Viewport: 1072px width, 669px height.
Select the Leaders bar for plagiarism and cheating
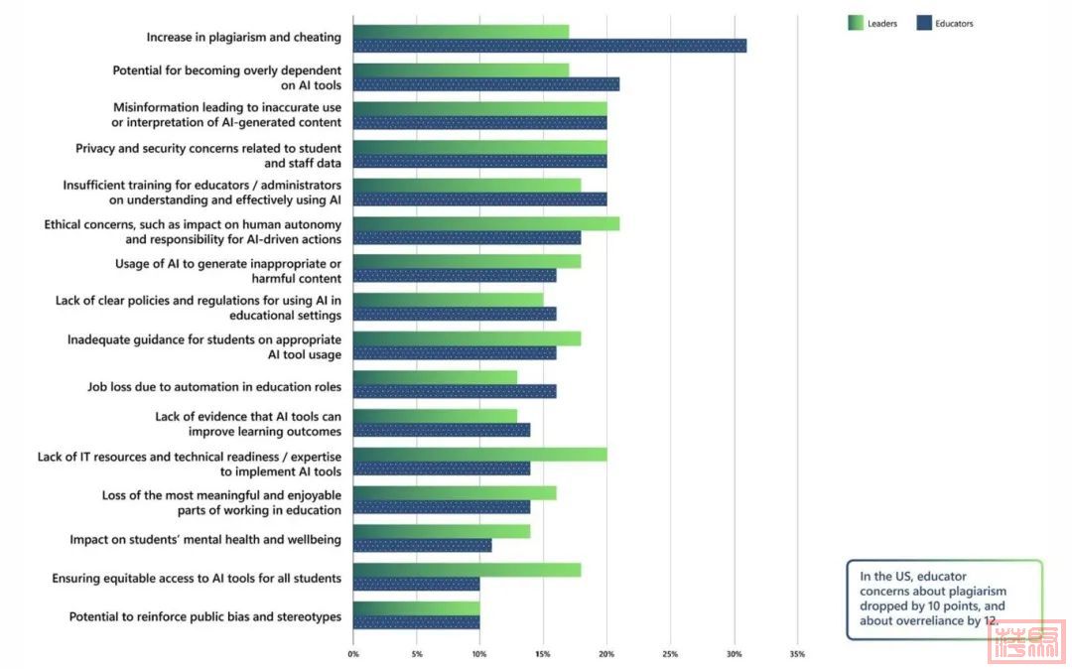click(x=461, y=31)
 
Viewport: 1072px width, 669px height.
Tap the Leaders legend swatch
click(x=855, y=23)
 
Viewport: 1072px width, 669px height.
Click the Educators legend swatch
click(x=922, y=23)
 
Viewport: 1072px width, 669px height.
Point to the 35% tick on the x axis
click(x=797, y=654)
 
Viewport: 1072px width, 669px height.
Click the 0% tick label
click(x=353, y=654)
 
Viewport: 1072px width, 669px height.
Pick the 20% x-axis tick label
click(x=607, y=654)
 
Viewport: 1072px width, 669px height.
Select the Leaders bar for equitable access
click(x=467, y=570)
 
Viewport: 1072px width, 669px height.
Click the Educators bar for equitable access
click(x=416, y=584)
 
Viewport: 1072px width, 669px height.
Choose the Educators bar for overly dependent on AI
click(x=485, y=84)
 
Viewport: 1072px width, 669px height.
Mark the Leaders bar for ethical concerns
click(x=485, y=223)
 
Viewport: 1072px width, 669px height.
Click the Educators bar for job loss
click(x=454, y=391)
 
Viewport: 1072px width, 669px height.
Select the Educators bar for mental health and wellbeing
click(x=422, y=545)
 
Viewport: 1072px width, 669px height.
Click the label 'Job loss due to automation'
click(x=214, y=386)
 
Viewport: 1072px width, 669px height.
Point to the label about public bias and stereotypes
click(x=204, y=616)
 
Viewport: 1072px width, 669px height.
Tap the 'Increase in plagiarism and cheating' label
click(x=243, y=38)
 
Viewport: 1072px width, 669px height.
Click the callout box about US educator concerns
click(x=943, y=599)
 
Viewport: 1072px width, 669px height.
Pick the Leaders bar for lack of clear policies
click(x=448, y=300)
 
